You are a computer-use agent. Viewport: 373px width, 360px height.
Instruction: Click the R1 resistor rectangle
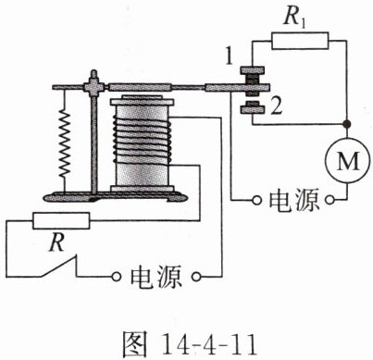(300, 41)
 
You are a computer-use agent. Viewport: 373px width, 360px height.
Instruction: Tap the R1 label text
(294, 17)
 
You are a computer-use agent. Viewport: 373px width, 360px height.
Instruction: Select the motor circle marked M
(347, 160)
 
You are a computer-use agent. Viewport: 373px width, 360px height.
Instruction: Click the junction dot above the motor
(347, 124)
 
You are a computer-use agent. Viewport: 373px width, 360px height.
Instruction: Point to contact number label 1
(229, 56)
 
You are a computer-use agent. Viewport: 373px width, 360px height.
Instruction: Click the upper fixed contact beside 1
(253, 72)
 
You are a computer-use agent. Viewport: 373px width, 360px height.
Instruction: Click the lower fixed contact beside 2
(253, 108)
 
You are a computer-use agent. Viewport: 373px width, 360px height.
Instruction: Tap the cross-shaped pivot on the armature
(93, 87)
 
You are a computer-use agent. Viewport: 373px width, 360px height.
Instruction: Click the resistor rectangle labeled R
(61, 220)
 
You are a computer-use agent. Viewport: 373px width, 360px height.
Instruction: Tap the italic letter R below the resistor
(58, 242)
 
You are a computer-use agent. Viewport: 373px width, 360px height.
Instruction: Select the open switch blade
(57, 266)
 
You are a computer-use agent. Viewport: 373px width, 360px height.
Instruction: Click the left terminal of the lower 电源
(116, 277)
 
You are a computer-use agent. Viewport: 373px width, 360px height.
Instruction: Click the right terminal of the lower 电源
(196, 277)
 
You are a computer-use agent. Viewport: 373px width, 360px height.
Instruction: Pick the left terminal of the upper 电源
(256, 201)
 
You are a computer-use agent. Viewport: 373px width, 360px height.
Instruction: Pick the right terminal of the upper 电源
(329, 201)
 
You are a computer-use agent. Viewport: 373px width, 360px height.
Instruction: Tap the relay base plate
(115, 196)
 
